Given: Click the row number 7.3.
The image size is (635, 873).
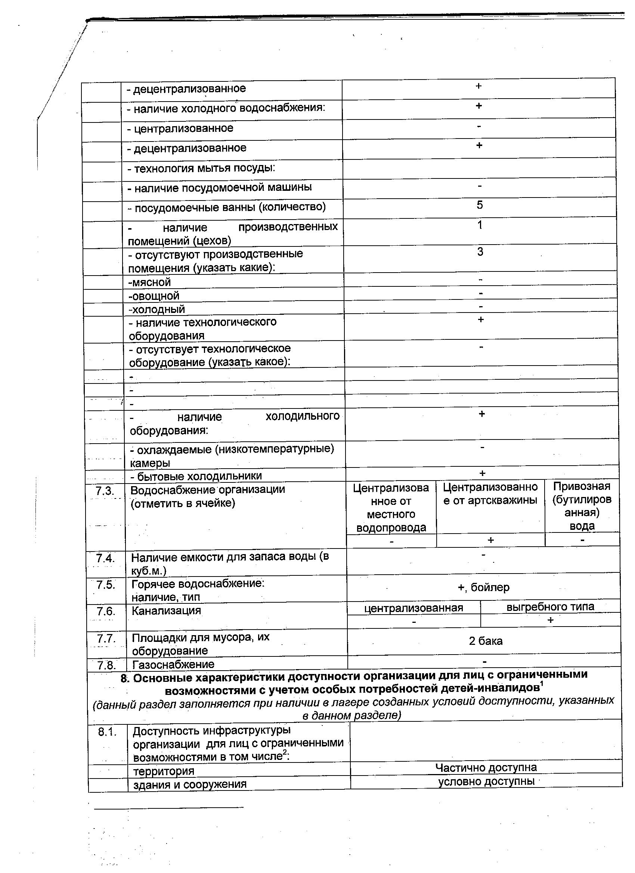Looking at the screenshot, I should [x=105, y=491].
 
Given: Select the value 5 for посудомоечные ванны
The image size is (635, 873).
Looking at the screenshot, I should [x=480, y=205].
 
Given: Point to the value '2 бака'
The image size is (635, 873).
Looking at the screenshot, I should [x=486, y=641].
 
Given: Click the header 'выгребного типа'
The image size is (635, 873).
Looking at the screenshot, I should [x=550, y=607].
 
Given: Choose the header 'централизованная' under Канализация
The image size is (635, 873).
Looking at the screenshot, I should [x=413, y=608].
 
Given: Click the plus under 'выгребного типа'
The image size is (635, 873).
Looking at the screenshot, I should [x=550, y=620].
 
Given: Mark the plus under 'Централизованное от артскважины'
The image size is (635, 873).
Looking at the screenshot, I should [x=490, y=540].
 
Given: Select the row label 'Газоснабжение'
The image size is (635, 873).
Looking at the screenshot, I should [x=173, y=664].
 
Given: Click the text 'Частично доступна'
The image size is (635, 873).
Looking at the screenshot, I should [x=486, y=768].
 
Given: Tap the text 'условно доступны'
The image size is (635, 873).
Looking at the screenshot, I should [x=486, y=781].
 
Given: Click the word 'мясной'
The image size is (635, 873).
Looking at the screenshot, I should [x=150, y=282].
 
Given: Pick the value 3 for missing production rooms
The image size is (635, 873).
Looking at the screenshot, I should [x=480, y=252].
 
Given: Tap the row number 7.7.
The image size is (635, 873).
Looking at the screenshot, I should [x=106, y=639].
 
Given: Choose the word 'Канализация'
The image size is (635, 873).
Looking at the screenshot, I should [x=166, y=611].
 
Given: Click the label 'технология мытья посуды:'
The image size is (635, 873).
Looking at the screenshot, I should [x=201, y=168].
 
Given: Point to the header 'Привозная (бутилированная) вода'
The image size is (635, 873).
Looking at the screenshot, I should [x=582, y=506].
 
